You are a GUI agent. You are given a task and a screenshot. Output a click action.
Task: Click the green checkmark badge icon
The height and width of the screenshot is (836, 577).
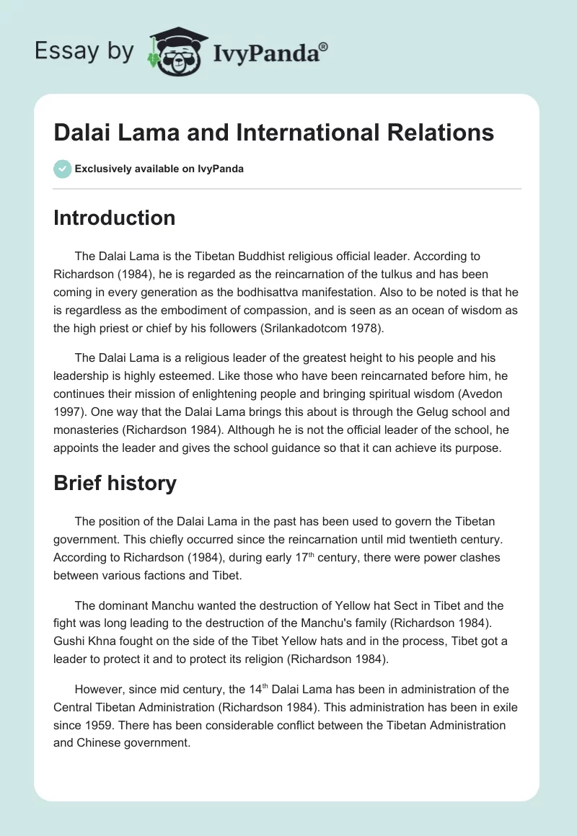pos(62,169)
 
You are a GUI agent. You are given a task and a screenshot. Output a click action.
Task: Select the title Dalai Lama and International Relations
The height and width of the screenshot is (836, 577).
pos(273,133)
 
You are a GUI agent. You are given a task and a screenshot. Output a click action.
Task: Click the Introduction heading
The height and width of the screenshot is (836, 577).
pos(114,218)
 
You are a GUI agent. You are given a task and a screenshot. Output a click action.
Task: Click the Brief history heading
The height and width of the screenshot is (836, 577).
pos(115,483)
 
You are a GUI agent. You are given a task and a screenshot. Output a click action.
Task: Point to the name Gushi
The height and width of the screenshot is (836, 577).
pos(69,641)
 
